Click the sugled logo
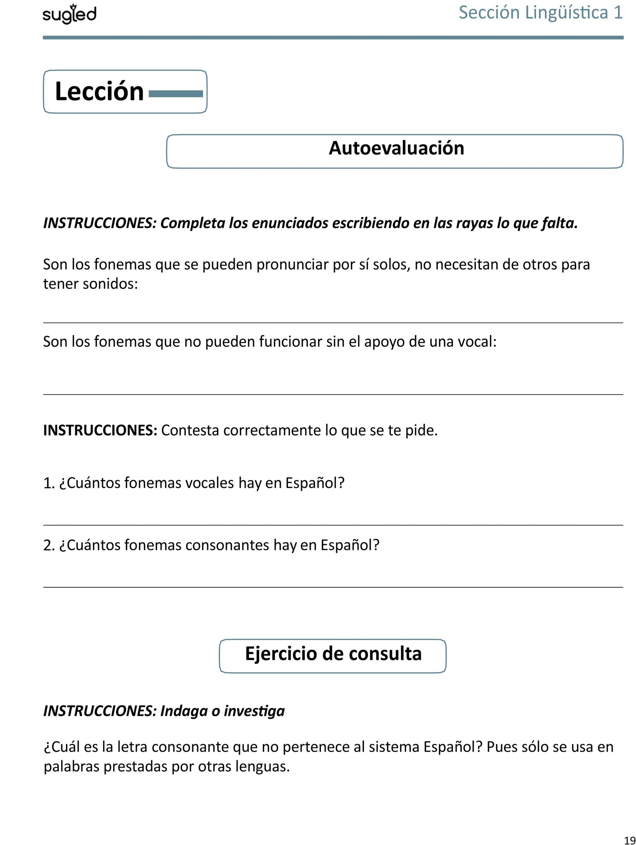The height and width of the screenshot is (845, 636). tap(70, 15)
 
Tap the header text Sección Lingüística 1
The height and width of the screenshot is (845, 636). tap(540, 12)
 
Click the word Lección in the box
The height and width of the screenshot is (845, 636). tap(99, 92)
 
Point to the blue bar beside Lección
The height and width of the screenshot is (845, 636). tap(176, 93)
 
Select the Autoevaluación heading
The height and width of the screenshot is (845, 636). tap(396, 148)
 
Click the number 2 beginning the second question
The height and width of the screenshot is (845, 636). tap(48, 545)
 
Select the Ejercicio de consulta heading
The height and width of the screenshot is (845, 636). tap(333, 654)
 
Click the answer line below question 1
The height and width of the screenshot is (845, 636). tap(333, 525)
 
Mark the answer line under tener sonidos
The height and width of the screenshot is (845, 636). tap(333, 322)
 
